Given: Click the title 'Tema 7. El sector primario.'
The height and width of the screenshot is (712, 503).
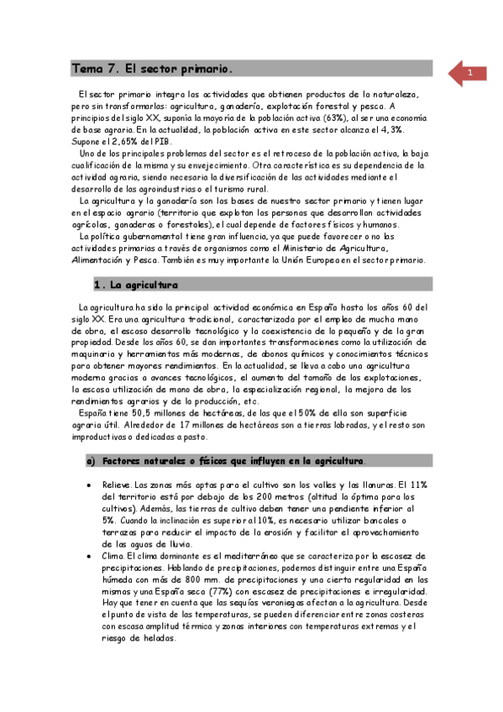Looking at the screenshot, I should click(x=151, y=68).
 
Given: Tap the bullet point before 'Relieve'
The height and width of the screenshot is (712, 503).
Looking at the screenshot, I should click(x=91, y=486).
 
